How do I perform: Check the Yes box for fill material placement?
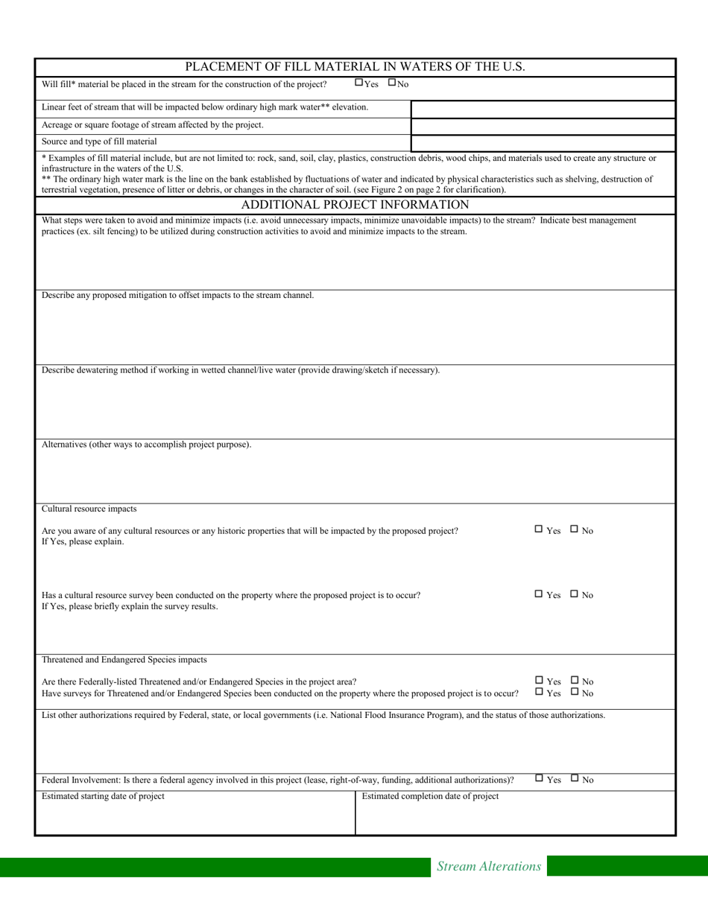pyautogui.click(x=358, y=83)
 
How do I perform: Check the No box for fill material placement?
pyautogui.click(x=392, y=83)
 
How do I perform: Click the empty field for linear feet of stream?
pyautogui.click(x=543, y=109)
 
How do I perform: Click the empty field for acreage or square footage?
pyautogui.click(x=543, y=126)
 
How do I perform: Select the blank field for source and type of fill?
pyautogui.click(x=543, y=142)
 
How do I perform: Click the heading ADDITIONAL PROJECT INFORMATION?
pyautogui.click(x=355, y=205)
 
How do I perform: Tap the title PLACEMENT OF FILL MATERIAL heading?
pyautogui.click(x=355, y=66)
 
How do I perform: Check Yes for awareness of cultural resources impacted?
pyautogui.click(x=539, y=529)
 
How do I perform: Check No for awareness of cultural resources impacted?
pyautogui.click(x=575, y=529)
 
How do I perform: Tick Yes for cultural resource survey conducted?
pyautogui.click(x=539, y=594)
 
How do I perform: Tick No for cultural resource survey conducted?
pyautogui.click(x=575, y=594)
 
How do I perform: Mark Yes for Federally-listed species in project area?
pyautogui.click(x=539, y=680)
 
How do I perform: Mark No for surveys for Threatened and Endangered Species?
pyautogui.click(x=575, y=691)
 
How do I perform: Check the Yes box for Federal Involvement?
pyautogui.click(x=539, y=778)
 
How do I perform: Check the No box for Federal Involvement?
pyautogui.click(x=575, y=778)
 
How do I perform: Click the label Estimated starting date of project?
pyautogui.click(x=103, y=796)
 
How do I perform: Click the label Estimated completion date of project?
pyautogui.click(x=430, y=796)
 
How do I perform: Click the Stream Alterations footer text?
pyautogui.click(x=488, y=866)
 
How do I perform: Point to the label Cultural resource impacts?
pyautogui.click(x=89, y=509)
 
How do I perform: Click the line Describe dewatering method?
pyautogui.click(x=240, y=370)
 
